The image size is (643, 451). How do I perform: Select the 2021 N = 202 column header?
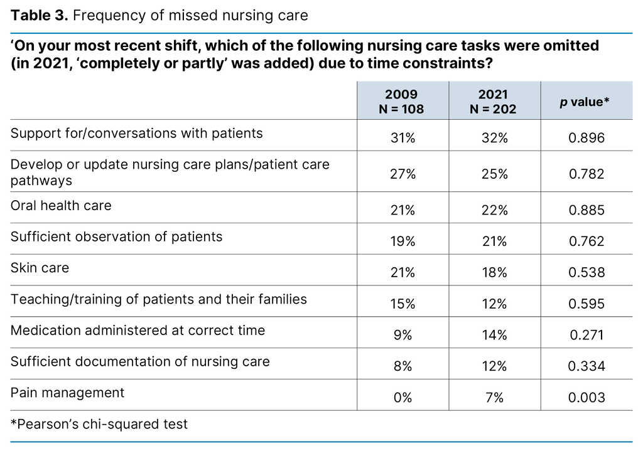494,101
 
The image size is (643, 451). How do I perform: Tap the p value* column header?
585,102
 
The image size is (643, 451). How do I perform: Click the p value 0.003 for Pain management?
586,397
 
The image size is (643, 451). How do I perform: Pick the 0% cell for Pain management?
403,397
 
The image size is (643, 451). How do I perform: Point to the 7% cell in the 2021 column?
494,397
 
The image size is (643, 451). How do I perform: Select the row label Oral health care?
61,205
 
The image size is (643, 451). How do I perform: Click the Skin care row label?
40,268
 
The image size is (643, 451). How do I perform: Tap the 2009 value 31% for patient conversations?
403,137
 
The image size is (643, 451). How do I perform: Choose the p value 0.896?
586,137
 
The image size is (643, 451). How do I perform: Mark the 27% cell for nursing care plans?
403,174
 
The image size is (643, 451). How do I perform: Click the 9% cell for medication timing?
403,335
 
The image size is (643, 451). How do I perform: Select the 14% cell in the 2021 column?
494,335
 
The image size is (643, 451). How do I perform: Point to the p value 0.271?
586,335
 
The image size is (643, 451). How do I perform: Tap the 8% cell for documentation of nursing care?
403,366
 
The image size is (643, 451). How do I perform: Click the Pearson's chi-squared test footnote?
99,425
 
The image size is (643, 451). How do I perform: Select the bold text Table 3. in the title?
39,15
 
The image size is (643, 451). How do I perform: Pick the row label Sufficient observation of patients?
116,236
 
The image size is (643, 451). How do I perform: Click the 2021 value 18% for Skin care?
494,272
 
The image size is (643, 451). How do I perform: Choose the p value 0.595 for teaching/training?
586,304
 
